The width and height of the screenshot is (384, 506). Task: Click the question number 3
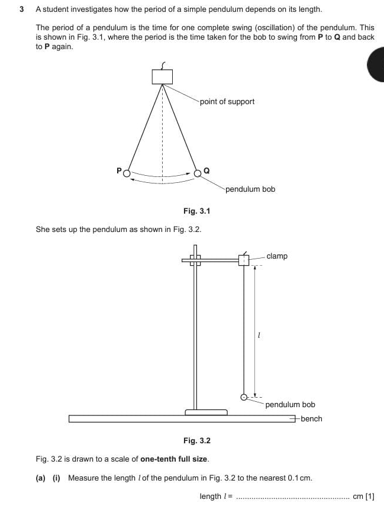point(21,9)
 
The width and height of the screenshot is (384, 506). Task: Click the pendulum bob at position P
point(126,173)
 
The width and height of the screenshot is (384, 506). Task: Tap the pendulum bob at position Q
point(198,173)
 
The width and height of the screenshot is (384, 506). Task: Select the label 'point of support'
point(227,101)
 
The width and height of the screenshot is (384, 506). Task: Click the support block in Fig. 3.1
point(162,76)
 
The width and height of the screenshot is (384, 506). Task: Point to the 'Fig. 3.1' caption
point(197,211)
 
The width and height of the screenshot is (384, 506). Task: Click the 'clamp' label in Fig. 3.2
point(277,256)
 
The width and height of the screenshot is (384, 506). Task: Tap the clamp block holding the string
point(244,260)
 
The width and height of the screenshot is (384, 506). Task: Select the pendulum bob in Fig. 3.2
point(243,397)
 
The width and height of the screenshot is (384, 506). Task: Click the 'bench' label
point(311,418)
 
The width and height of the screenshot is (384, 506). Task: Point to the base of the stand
point(206,411)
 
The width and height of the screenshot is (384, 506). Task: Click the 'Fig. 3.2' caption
point(197,440)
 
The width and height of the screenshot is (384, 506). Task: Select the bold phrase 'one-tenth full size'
point(175,459)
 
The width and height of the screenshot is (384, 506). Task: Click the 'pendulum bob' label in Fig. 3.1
point(250,189)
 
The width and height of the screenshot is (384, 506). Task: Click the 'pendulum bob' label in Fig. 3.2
point(290,404)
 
